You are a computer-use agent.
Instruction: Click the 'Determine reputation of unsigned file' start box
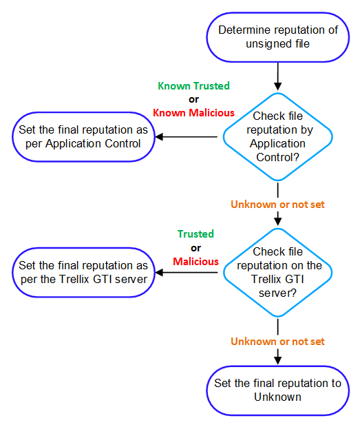(277, 37)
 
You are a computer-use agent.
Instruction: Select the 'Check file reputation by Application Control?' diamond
(277, 136)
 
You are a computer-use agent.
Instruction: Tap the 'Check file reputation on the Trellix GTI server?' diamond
(277, 272)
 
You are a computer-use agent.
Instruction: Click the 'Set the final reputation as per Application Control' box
(83, 136)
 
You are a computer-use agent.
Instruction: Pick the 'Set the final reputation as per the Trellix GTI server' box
(83, 272)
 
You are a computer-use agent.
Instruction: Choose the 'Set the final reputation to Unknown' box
(277, 390)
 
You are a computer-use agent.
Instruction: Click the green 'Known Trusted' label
(193, 86)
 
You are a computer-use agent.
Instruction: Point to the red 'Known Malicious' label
(193, 113)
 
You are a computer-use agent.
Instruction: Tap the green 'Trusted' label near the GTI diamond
(195, 234)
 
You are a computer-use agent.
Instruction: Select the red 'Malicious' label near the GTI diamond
(195, 262)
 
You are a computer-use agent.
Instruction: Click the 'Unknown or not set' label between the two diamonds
(277, 205)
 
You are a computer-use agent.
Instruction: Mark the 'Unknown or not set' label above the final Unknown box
(277, 341)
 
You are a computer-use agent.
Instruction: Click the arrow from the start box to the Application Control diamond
(277, 76)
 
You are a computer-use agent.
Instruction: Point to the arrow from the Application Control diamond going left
(186, 136)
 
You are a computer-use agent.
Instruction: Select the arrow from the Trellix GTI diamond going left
(186, 272)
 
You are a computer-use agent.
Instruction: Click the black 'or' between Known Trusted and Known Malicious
(193, 99)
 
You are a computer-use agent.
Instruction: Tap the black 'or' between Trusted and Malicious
(195, 248)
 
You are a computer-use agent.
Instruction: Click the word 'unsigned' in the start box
(263, 44)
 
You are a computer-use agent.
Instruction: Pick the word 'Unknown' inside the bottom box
(277, 397)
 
